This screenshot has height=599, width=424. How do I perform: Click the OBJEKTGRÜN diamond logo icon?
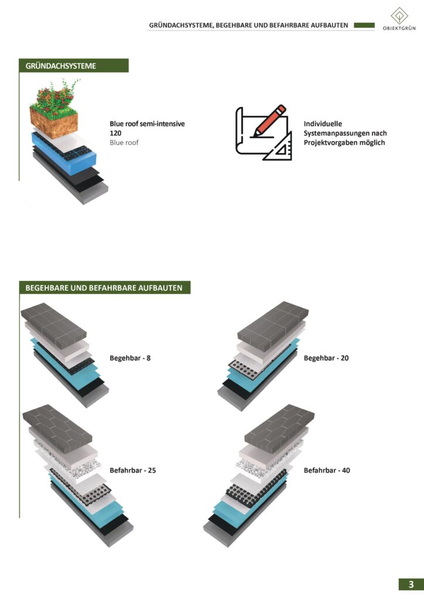coord(399,16)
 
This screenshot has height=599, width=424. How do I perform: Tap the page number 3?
coord(411,584)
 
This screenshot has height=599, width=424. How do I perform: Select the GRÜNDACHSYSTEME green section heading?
coord(74,66)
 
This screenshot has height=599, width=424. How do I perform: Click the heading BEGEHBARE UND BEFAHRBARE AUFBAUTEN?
coord(104,288)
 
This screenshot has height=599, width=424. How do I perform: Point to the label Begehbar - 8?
coord(130,358)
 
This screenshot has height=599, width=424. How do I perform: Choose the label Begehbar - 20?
coord(326,358)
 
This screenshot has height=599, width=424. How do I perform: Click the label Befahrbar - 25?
coord(133,470)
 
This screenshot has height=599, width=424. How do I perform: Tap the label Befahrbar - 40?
coord(327,470)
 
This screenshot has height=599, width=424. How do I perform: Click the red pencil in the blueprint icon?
coord(269,121)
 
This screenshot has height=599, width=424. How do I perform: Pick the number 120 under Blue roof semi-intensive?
coord(115,133)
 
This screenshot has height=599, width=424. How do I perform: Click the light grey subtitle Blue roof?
coord(124,143)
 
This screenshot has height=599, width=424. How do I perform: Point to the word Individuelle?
coord(323,124)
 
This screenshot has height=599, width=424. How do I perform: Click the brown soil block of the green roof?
coord(54,124)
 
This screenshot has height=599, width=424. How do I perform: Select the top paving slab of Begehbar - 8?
coord(53,325)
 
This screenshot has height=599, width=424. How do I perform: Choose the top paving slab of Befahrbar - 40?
coord(279,428)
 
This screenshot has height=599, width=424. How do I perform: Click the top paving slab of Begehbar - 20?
coord(273,325)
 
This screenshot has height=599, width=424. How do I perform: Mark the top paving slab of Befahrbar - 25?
coord(57,428)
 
